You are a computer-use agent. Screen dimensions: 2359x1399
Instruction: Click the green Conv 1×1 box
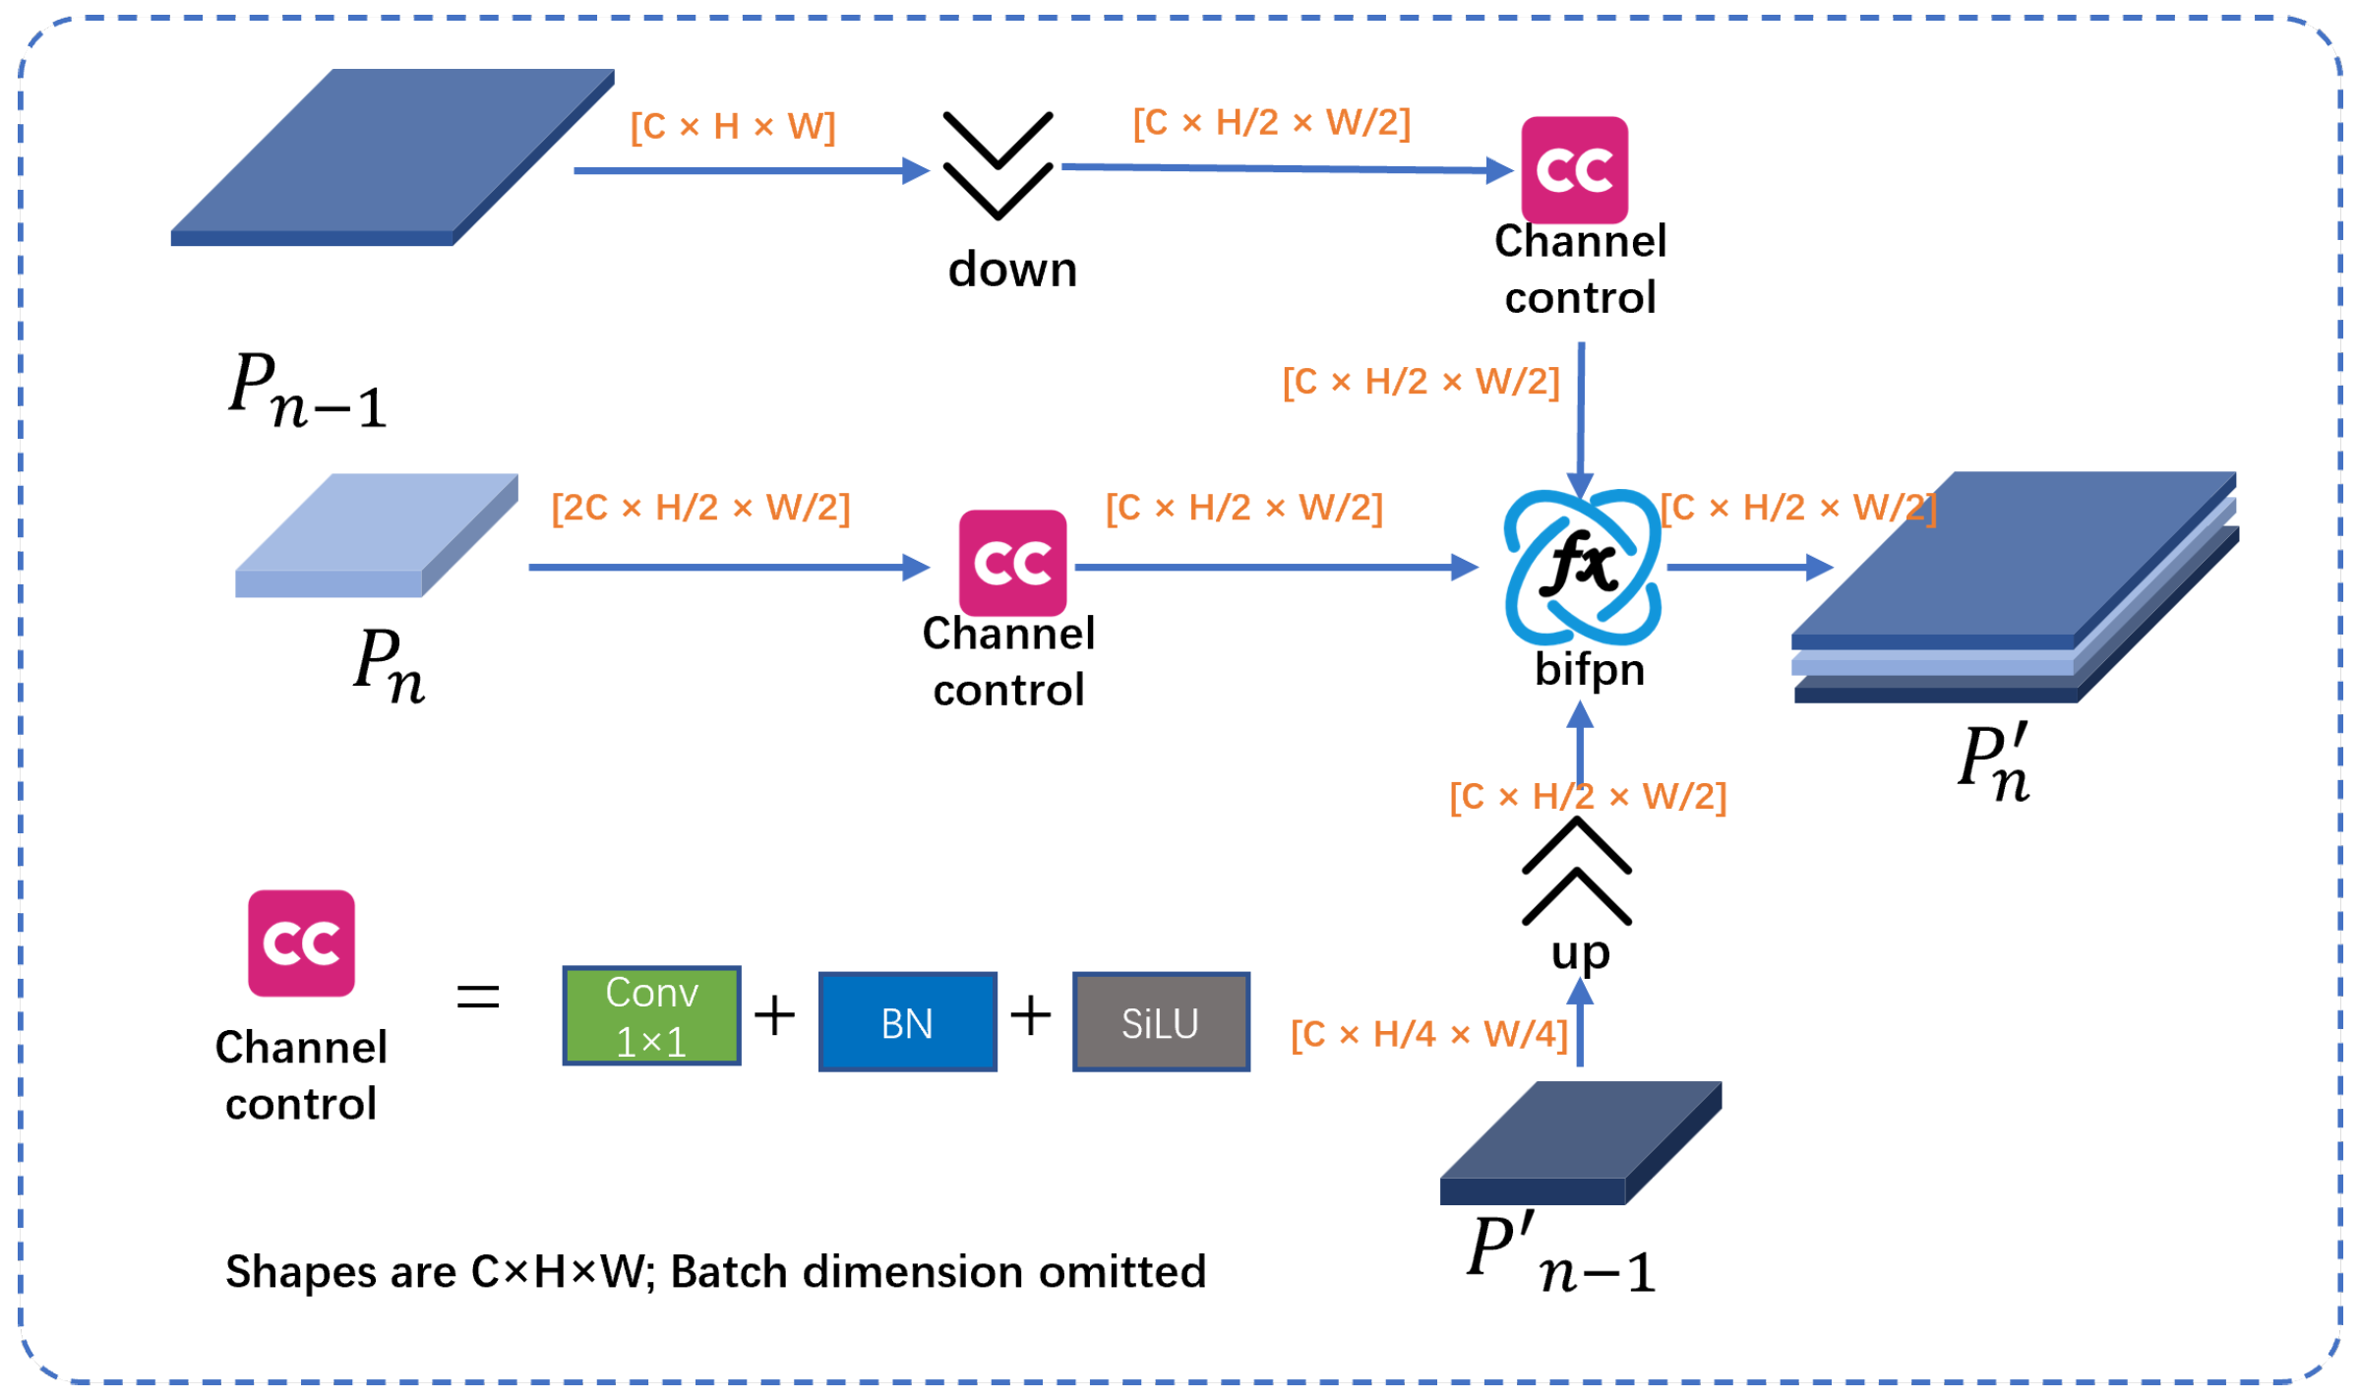point(651,1015)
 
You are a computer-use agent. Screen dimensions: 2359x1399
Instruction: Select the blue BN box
point(907,1022)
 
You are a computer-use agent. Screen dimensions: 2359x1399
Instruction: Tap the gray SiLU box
point(1161,1022)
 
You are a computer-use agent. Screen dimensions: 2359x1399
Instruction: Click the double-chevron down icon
point(998,165)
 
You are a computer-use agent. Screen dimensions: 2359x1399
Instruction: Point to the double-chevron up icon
point(1576,871)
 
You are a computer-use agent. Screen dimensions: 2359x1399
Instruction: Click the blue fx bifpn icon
point(1582,567)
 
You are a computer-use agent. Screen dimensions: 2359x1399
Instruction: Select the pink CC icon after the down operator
point(1574,169)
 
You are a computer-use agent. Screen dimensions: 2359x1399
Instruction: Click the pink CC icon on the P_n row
point(1012,563)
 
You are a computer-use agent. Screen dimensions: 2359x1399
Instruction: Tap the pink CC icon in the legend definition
point(301,943)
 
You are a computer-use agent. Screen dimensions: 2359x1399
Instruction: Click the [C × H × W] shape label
point(733,126)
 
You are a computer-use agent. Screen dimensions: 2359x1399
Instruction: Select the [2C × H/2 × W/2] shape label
point(700,508)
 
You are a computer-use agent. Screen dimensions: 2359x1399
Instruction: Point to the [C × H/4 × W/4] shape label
point(1429,1034)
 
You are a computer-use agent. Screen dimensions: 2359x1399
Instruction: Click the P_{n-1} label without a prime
point(308,391)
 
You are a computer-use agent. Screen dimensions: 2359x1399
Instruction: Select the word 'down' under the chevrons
point(1012,269)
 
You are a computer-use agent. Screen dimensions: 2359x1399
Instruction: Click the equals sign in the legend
point(478,997)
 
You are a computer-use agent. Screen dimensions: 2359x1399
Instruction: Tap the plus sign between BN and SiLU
point(1031,1015)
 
